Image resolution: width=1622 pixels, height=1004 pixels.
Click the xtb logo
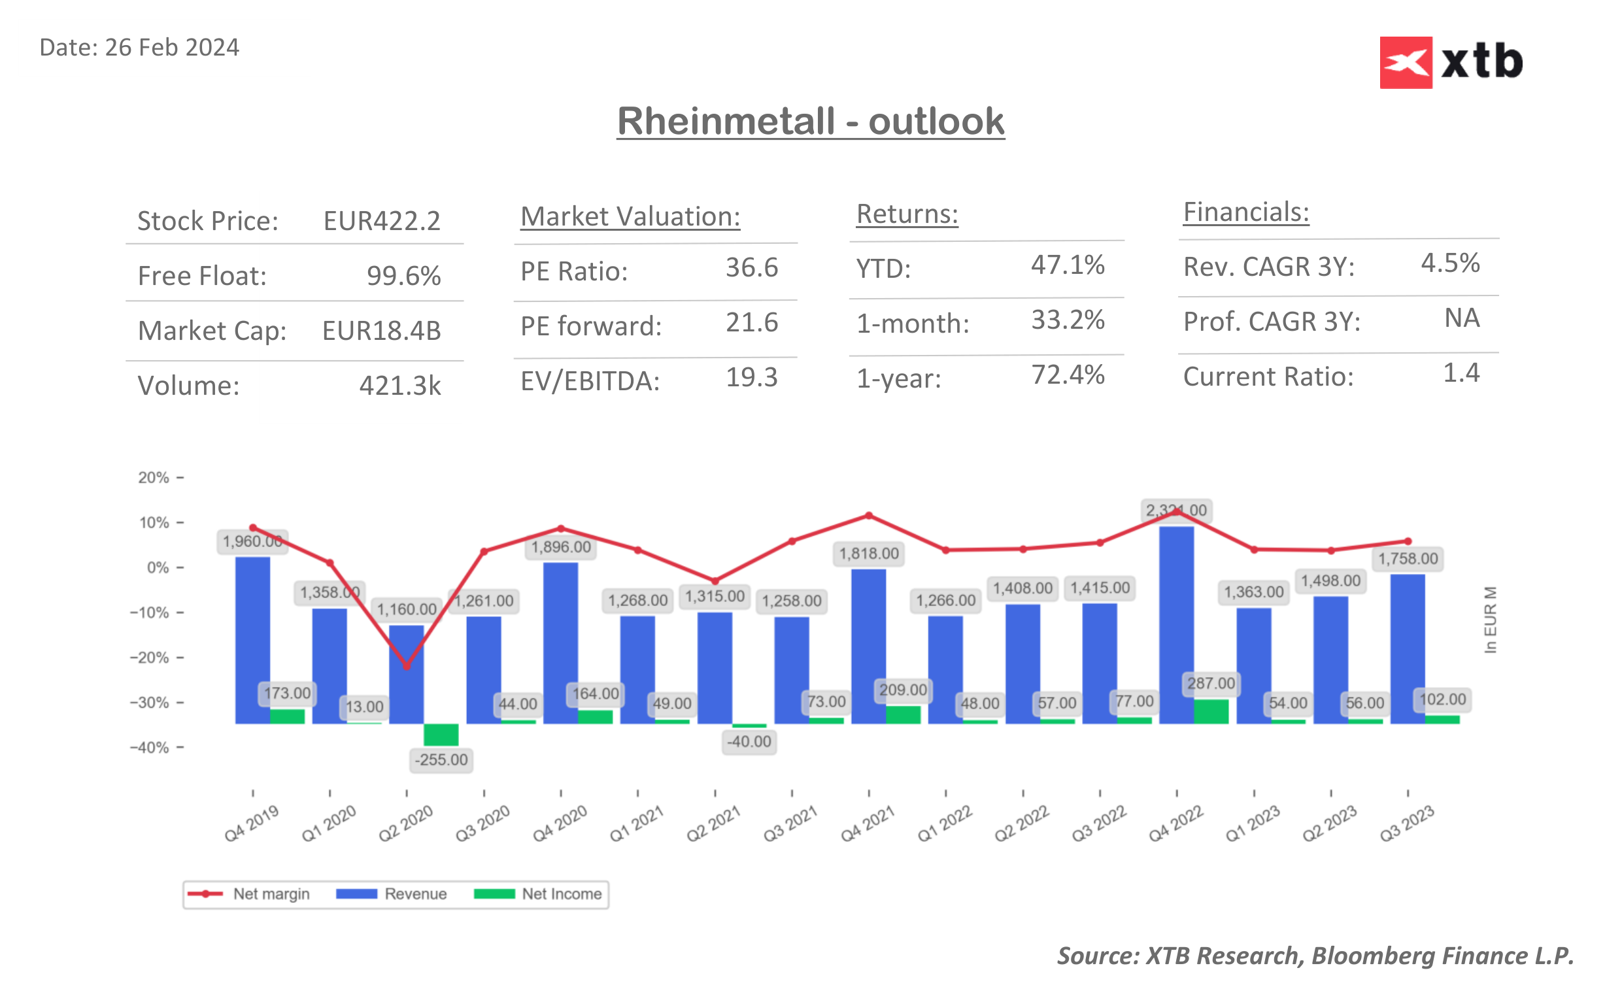pos(1451,62)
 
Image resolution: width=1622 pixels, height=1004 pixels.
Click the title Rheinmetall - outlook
pos(810,122)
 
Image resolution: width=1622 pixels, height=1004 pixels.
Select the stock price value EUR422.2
pos(382,221)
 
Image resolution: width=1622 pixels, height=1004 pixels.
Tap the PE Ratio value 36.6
pos(751,267)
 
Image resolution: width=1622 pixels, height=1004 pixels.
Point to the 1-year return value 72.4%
pos(1067,375)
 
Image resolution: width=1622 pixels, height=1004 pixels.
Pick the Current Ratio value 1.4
pos(1461,373)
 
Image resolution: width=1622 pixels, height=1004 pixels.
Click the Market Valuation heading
pos(630,216)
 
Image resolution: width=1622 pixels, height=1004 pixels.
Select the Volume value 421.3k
pos(399,386)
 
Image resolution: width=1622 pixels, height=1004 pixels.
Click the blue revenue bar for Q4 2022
pos(1176,624)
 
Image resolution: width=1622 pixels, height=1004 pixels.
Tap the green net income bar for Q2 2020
pos(441,735)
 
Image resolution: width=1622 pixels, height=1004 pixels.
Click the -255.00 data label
pos(441,760)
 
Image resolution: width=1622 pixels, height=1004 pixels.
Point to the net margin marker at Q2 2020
pos(407,666)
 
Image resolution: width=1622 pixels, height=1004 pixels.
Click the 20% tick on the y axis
pos(154,477)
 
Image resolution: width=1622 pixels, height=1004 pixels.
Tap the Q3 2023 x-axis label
pos(1406,824)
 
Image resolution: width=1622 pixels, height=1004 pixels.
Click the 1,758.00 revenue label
pos(1408,559)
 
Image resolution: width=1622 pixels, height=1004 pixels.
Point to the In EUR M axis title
pos(1490,620)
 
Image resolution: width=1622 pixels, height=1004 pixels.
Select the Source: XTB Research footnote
pos(1315,956)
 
